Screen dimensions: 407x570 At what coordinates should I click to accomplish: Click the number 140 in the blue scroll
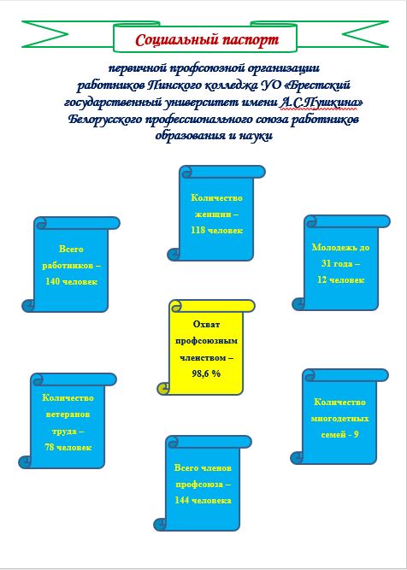pyautogui.click(x=53, y=281)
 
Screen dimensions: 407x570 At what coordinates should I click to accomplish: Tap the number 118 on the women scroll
pyautogui.click(x=198, y=230)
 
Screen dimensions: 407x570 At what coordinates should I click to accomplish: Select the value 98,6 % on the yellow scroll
pyautogui.click(x=206, y=373)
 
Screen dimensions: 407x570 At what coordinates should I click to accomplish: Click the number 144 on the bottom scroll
pyautogui.click(x=182, y=500)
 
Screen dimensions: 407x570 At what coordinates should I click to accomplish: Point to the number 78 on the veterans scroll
pyautogui.click(x=50, y=447)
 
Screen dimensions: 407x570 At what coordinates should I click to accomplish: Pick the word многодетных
pyautogui.click(x=339, y=419)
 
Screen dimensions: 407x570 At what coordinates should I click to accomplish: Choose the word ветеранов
pyautogui.click(x=68, y=414)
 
